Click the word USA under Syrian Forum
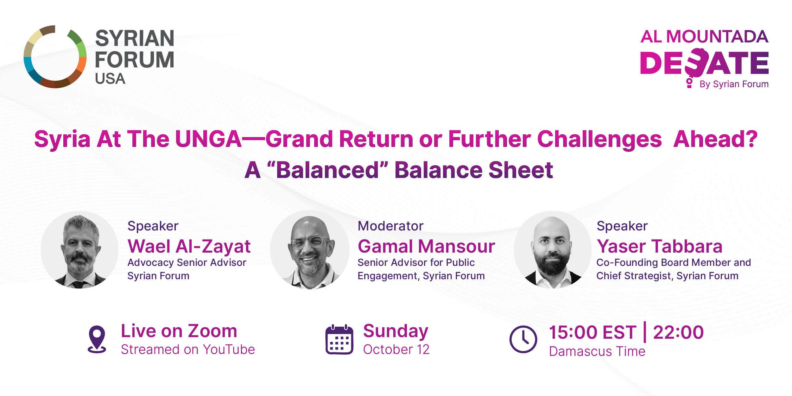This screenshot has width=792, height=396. click(x=110, y=79)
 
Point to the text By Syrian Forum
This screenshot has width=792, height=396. click(x=734, y=84)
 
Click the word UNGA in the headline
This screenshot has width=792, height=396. click(x=208, y=139)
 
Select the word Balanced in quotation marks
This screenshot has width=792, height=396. click(x=328, y=170)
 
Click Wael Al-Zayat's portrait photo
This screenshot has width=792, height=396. click(x=79, y=250)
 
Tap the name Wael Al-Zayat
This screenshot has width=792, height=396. click(x=189, y=246)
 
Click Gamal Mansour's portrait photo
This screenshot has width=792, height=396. click(x=310, y=250)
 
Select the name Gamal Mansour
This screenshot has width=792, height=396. click(x=426, y=246)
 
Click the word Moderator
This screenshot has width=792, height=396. click(x=390, y=226)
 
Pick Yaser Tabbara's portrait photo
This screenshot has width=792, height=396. click(x=553, y=250)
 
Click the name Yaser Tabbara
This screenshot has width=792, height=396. click(x=659, y=246)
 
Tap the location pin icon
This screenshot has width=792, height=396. click(x=97, y=339)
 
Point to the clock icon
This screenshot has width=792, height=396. click(x=523, y=339)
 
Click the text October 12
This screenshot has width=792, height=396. click(x=396, y=349)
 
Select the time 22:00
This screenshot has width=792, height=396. click(x=678, y=332)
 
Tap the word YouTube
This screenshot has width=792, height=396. click(x=229, y=349)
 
